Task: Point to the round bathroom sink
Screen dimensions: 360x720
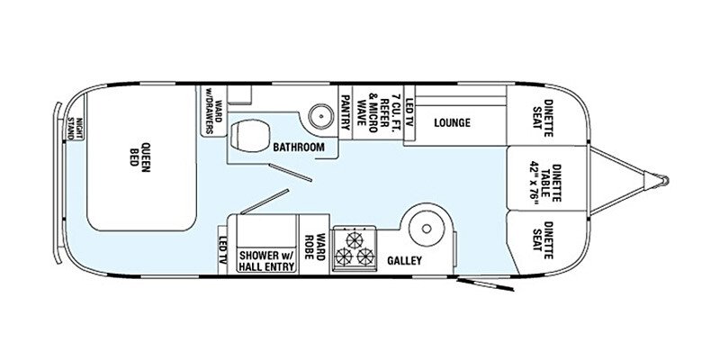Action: tap(319, 115)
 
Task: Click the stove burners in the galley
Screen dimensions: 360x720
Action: tap(354, 248)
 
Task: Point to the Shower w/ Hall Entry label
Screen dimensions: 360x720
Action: tap(267, 260)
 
